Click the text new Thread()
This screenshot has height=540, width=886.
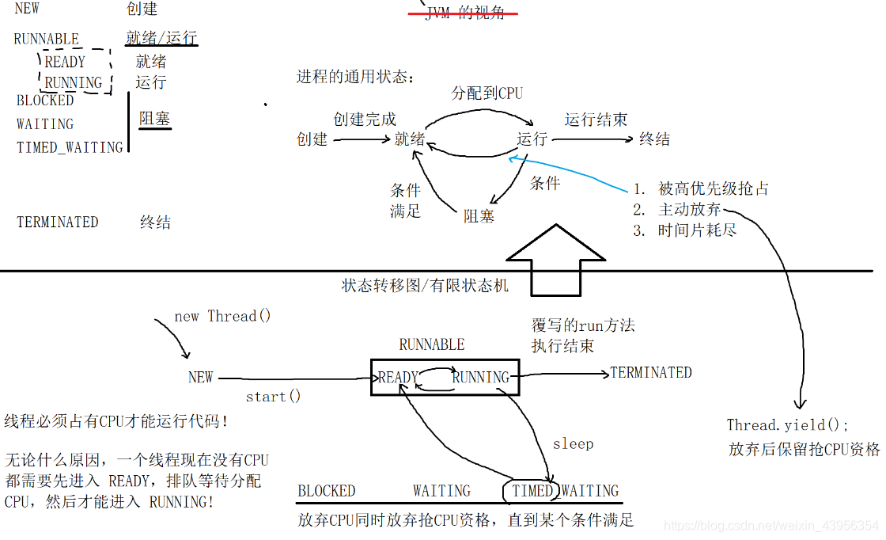[222, 317]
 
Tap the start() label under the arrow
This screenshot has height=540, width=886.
[274, 397]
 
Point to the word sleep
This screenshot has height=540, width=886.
[573, 443]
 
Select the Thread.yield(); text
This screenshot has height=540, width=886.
[787, 425]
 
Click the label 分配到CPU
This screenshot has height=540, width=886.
[487, 93]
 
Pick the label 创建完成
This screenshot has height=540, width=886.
[365, 120]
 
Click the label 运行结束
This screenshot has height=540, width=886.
[596, 120]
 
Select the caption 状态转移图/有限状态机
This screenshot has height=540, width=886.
[425, 286]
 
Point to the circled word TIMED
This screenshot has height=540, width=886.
[532, 491]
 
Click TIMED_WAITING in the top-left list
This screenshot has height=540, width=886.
[70, 147]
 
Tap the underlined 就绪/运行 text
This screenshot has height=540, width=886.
[161, 38]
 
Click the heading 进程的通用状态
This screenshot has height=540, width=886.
[355, 77]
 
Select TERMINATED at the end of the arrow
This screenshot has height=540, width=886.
[650, 372]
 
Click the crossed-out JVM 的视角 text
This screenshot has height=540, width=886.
[464, 13]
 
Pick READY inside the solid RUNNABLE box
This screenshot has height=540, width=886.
[398, 378]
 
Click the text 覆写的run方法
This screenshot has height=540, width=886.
[583, 325]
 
